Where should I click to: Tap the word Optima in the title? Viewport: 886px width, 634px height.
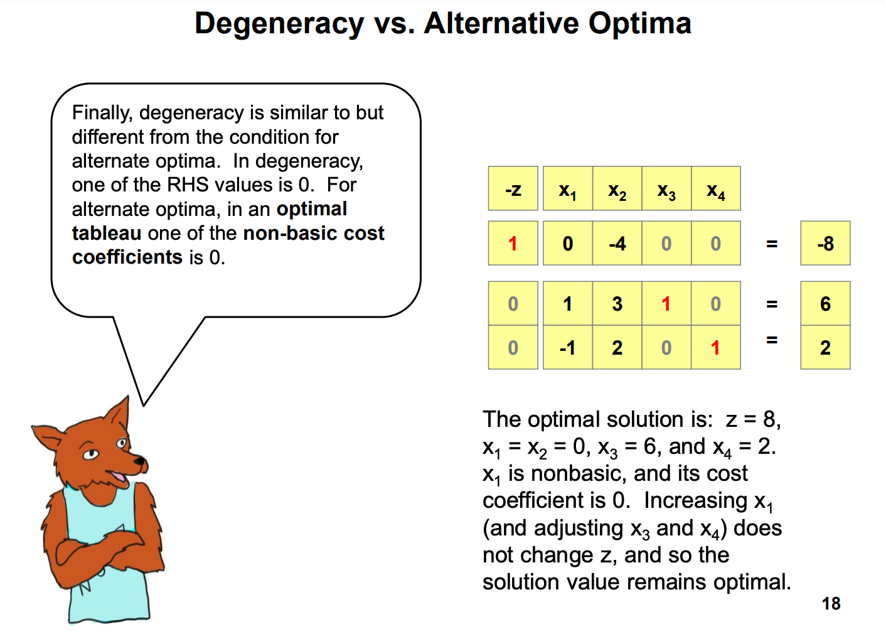[640, 24]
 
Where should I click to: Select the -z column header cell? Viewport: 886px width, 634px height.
[513, 188]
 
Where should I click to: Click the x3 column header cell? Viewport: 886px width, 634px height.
[666, 188]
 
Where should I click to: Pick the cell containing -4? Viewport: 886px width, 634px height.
[617, 243]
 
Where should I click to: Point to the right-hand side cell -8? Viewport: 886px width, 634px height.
[826, 243]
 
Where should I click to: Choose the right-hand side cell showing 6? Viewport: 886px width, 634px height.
[826, 304]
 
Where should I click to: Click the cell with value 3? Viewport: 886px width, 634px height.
[617, 304]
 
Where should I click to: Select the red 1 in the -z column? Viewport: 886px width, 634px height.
[513, 243]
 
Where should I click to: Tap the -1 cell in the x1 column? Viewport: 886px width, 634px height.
[568, 348]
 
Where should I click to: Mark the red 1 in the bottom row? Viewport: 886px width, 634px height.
[715, 348]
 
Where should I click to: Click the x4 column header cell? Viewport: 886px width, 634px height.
[715, 188]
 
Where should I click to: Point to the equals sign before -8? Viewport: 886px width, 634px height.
[772, 244]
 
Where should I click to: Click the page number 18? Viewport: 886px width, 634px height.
[831, 603]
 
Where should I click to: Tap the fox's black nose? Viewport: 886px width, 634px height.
[140, 461]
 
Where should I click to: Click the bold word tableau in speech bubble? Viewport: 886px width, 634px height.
[107, 233]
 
